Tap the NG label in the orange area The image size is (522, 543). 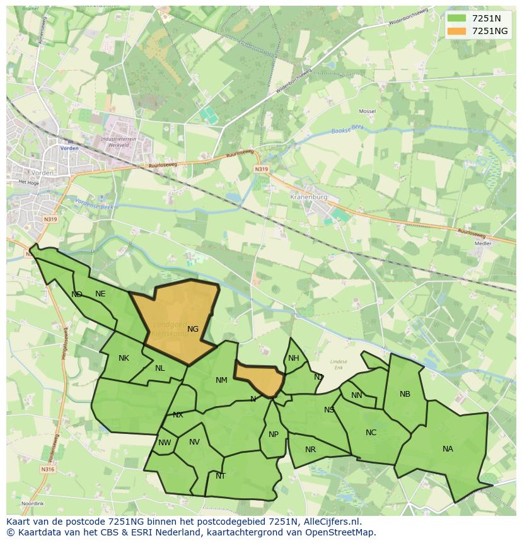click(193, 329)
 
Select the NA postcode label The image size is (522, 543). click(448, 449)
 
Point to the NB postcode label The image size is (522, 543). click(405, 394)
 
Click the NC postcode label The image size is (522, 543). click(371, 433)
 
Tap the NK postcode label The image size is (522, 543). click(124, 358)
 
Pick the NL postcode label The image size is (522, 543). click(160, 368)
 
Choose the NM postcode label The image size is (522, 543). click(221, 380)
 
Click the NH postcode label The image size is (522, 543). click(294, 358)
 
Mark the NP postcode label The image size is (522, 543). click(274, 435)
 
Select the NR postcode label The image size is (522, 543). click(310, 450)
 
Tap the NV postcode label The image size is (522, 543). click(194, 442)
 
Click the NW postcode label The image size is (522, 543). click(165, 443)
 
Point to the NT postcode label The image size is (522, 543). click(221, 476)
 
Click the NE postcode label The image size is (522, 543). click(100, 294)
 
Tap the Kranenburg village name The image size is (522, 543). click(308, 197)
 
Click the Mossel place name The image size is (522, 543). click(367, 111)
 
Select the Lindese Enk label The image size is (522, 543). click(339, 364)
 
